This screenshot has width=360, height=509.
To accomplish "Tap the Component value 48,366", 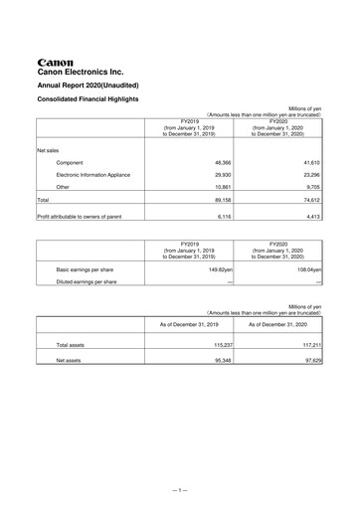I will coord(220,161).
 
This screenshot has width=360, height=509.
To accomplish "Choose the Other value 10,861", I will coord(220,187).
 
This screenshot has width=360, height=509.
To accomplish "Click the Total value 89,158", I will coord(220,200).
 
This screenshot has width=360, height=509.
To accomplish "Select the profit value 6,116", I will coord(222,215).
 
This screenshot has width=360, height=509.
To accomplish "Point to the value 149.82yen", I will coord(214,268).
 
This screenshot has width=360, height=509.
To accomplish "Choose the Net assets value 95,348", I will coord(220,360).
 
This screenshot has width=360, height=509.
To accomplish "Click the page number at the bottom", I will coord(180,490).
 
